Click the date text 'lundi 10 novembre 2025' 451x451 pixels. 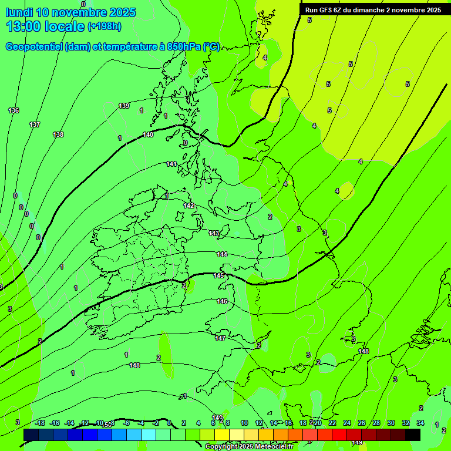[70, 12]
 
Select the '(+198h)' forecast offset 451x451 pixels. [105, 26]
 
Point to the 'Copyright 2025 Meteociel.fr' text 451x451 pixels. [249, 446]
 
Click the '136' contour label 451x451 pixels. [14, 110]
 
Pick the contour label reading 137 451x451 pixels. [35, 124]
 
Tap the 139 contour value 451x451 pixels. [124, 106]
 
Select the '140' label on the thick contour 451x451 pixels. [148, 134]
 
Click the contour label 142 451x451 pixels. [189, 206]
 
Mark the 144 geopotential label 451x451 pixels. [222, 254]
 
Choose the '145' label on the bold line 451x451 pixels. [218, 275]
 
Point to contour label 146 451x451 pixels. [222, 301]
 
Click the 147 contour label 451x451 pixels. [220, 338]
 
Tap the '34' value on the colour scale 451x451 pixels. [420, 423]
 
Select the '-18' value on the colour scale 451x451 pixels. [40, 423]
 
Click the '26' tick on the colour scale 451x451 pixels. [362, 423]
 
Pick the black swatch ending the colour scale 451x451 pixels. [413, 435]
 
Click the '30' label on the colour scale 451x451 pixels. [391, 423]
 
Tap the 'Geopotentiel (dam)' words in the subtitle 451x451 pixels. [48, 47]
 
